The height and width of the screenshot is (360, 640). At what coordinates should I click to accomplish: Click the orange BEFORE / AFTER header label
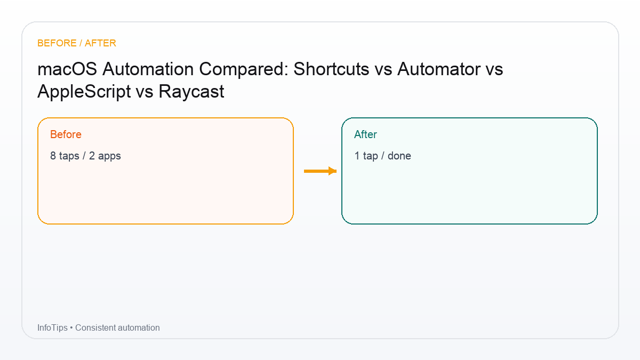click(77, 43)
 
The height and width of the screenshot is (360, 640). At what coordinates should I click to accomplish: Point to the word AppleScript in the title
click(84, 92)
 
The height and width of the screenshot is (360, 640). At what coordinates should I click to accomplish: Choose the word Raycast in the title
click(191, 92)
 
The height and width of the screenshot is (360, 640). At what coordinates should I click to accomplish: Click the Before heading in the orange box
click(66, 134)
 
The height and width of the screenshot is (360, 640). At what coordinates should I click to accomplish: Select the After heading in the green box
click(365, 134)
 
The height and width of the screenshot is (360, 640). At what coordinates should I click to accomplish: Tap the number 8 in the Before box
click(53, 156)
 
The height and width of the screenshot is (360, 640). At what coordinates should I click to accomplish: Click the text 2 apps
click(105, 156)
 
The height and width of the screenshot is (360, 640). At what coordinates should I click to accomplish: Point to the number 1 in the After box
click(357, 156)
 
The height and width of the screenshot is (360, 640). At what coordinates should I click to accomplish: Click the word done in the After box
click(399, 156)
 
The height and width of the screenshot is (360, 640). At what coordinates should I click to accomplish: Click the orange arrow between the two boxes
click(320, 171)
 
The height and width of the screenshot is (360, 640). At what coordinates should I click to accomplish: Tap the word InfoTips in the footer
click(52, 327)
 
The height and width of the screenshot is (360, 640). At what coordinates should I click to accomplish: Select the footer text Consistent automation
click(117, 327)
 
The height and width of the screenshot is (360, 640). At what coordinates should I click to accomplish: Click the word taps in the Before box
click(69, 156)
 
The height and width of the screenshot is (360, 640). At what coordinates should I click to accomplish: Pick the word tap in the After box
click(370, 156)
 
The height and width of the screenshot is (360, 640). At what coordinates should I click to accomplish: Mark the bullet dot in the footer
click(71, 327)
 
